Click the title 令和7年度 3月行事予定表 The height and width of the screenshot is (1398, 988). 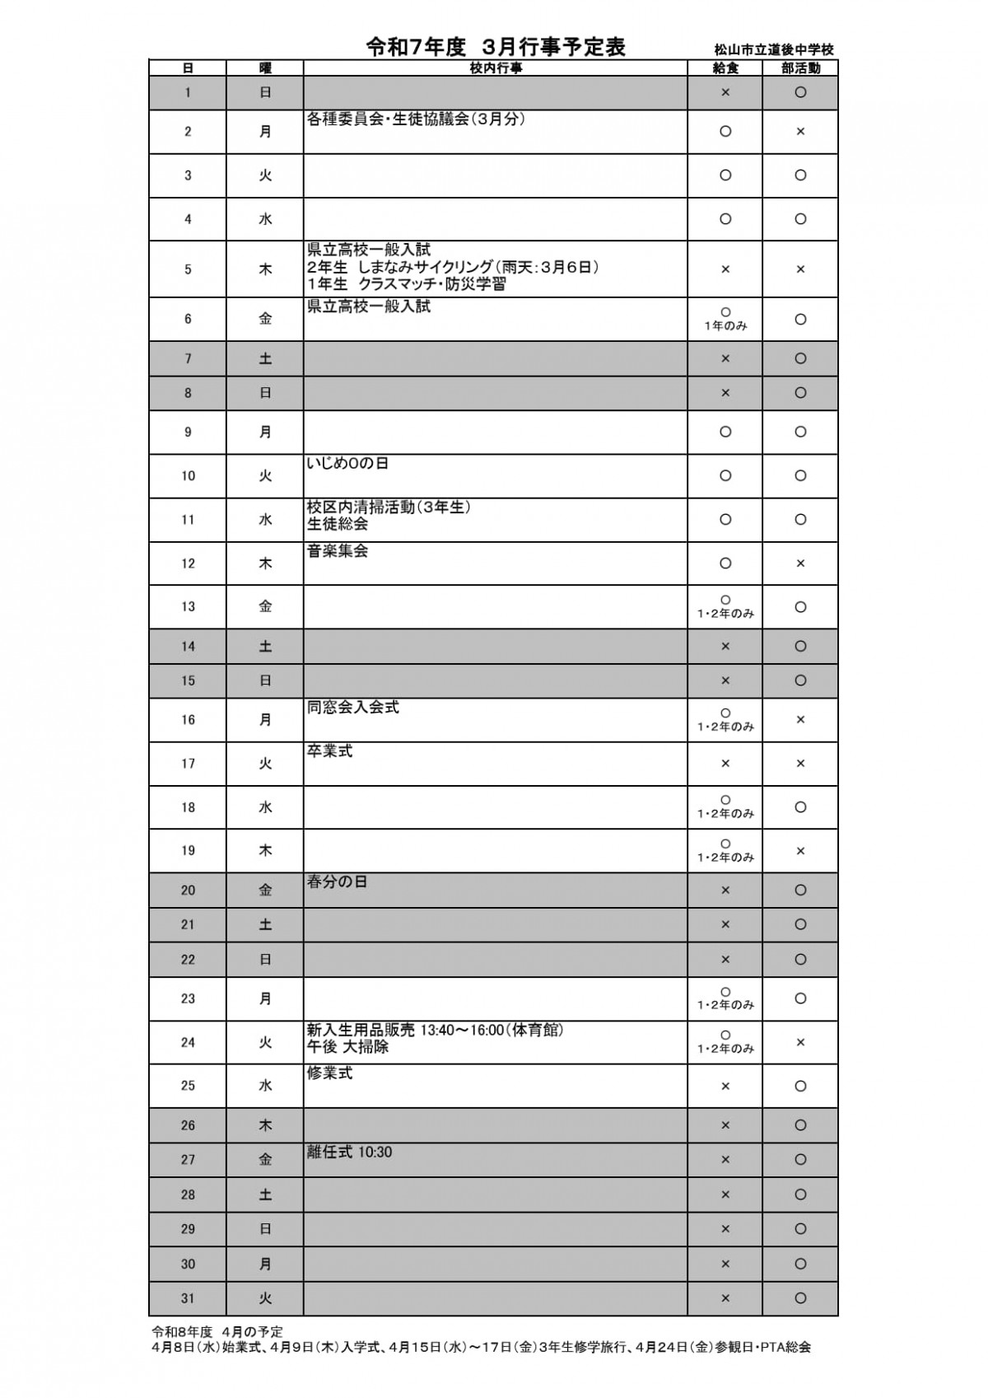[x=496, y=48]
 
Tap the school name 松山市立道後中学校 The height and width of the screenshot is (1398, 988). [x=774, y=50]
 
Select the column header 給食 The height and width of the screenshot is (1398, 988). [x=725, y=68]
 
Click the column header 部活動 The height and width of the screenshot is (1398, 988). [x=800, y=68]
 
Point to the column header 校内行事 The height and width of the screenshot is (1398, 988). [x=496, y=68]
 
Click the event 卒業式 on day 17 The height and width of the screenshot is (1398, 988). [x=329, y=751]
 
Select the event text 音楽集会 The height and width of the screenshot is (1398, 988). [x=338, y=551]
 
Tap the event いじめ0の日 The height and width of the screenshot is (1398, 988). [x=347, y=464]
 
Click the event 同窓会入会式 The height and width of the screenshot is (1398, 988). [x=353, y=708]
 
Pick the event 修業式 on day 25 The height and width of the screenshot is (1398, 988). [x=329, y=1073]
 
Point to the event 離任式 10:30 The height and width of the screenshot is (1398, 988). [x=349, y=1153]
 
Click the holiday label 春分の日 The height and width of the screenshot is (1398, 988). [x=337, y=882]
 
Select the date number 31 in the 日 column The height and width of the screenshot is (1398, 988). [x=188, y=1298]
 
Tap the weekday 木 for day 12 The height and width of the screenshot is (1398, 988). [x=265, y=563]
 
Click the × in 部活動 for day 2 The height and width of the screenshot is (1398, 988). [x=800, y=132]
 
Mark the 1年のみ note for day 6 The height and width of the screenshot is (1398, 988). [x=725, y=326]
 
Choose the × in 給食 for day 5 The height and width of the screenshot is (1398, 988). [x=725, y=269]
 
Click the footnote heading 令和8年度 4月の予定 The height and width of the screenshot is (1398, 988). [x=217, y=1331]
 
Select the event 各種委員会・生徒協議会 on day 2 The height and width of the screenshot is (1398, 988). [x=416, y=119]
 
